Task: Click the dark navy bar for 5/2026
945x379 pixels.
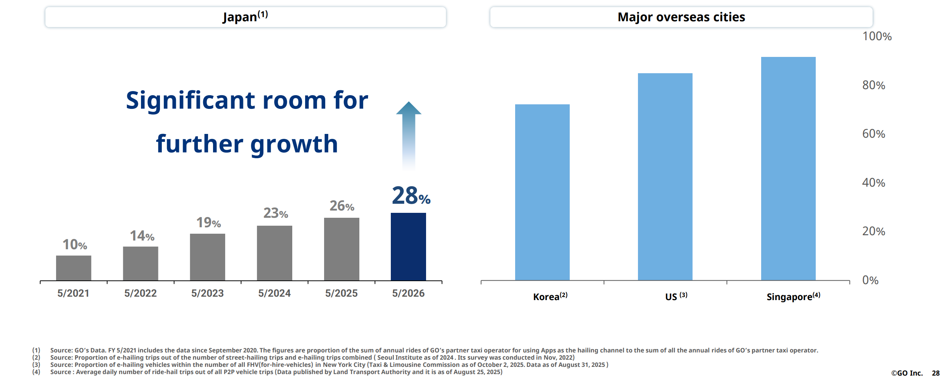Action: (408, 247)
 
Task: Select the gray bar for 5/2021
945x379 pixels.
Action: (74, 268)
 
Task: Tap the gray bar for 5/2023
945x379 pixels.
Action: (207, 257)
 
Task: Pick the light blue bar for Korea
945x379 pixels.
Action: (542, 192)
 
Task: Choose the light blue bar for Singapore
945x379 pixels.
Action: (788, 169)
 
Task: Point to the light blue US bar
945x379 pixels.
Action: (665, 177)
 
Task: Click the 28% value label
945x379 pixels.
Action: (411, 196)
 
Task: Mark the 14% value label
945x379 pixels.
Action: (142, 236)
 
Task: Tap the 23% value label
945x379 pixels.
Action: (276, 213)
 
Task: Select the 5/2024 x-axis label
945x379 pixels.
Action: (274, 293)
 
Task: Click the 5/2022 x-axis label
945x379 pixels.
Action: (140, 293)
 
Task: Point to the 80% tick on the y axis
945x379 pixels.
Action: (874, 85)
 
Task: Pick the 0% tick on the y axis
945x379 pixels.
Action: (870, 280)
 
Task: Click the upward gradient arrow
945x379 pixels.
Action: (409, 137)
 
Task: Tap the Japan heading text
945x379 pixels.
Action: (245, 17)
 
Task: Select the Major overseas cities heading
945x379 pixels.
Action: (681, 17)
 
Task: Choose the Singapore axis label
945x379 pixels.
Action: (793, 296)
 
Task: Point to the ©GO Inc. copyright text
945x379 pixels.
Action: (907, 373)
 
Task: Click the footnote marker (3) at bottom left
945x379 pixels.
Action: (36, 365)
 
